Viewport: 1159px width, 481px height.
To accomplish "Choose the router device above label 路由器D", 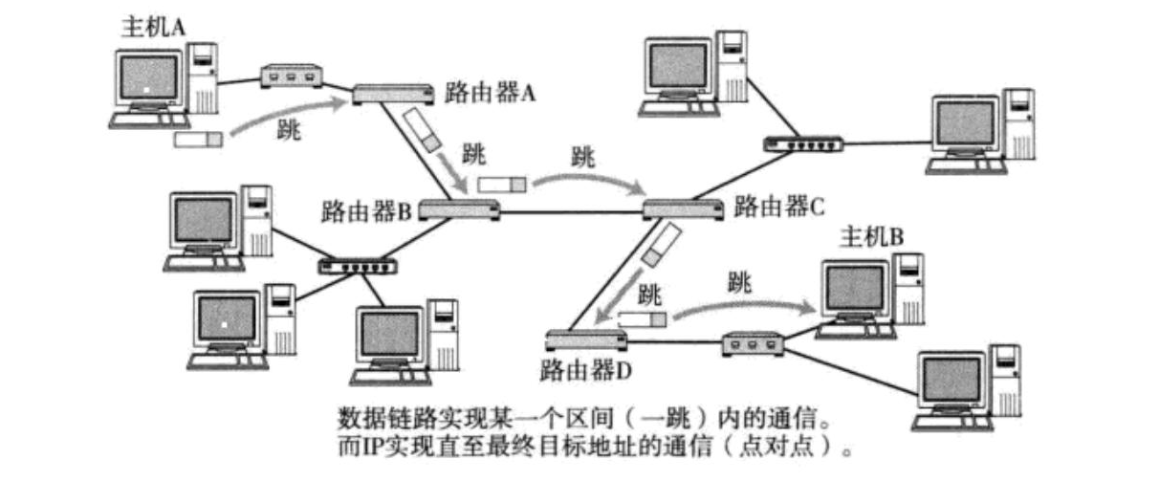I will point(582,338).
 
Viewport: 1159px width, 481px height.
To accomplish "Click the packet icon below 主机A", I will point(198,140).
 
